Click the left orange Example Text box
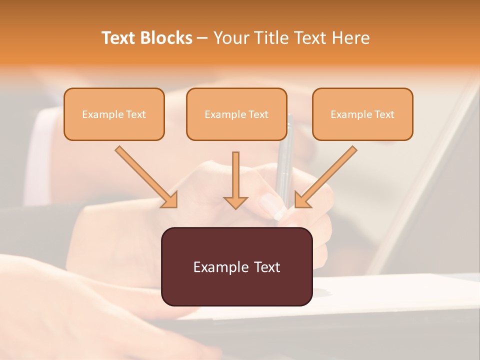[114, 114]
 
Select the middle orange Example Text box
[236, 114]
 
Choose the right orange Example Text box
[362, 114]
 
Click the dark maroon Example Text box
[236, 266]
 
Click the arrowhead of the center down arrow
[235, 202]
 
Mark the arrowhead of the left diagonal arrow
[170, 200]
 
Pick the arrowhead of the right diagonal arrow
[302, 200]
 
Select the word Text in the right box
[384, 114]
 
